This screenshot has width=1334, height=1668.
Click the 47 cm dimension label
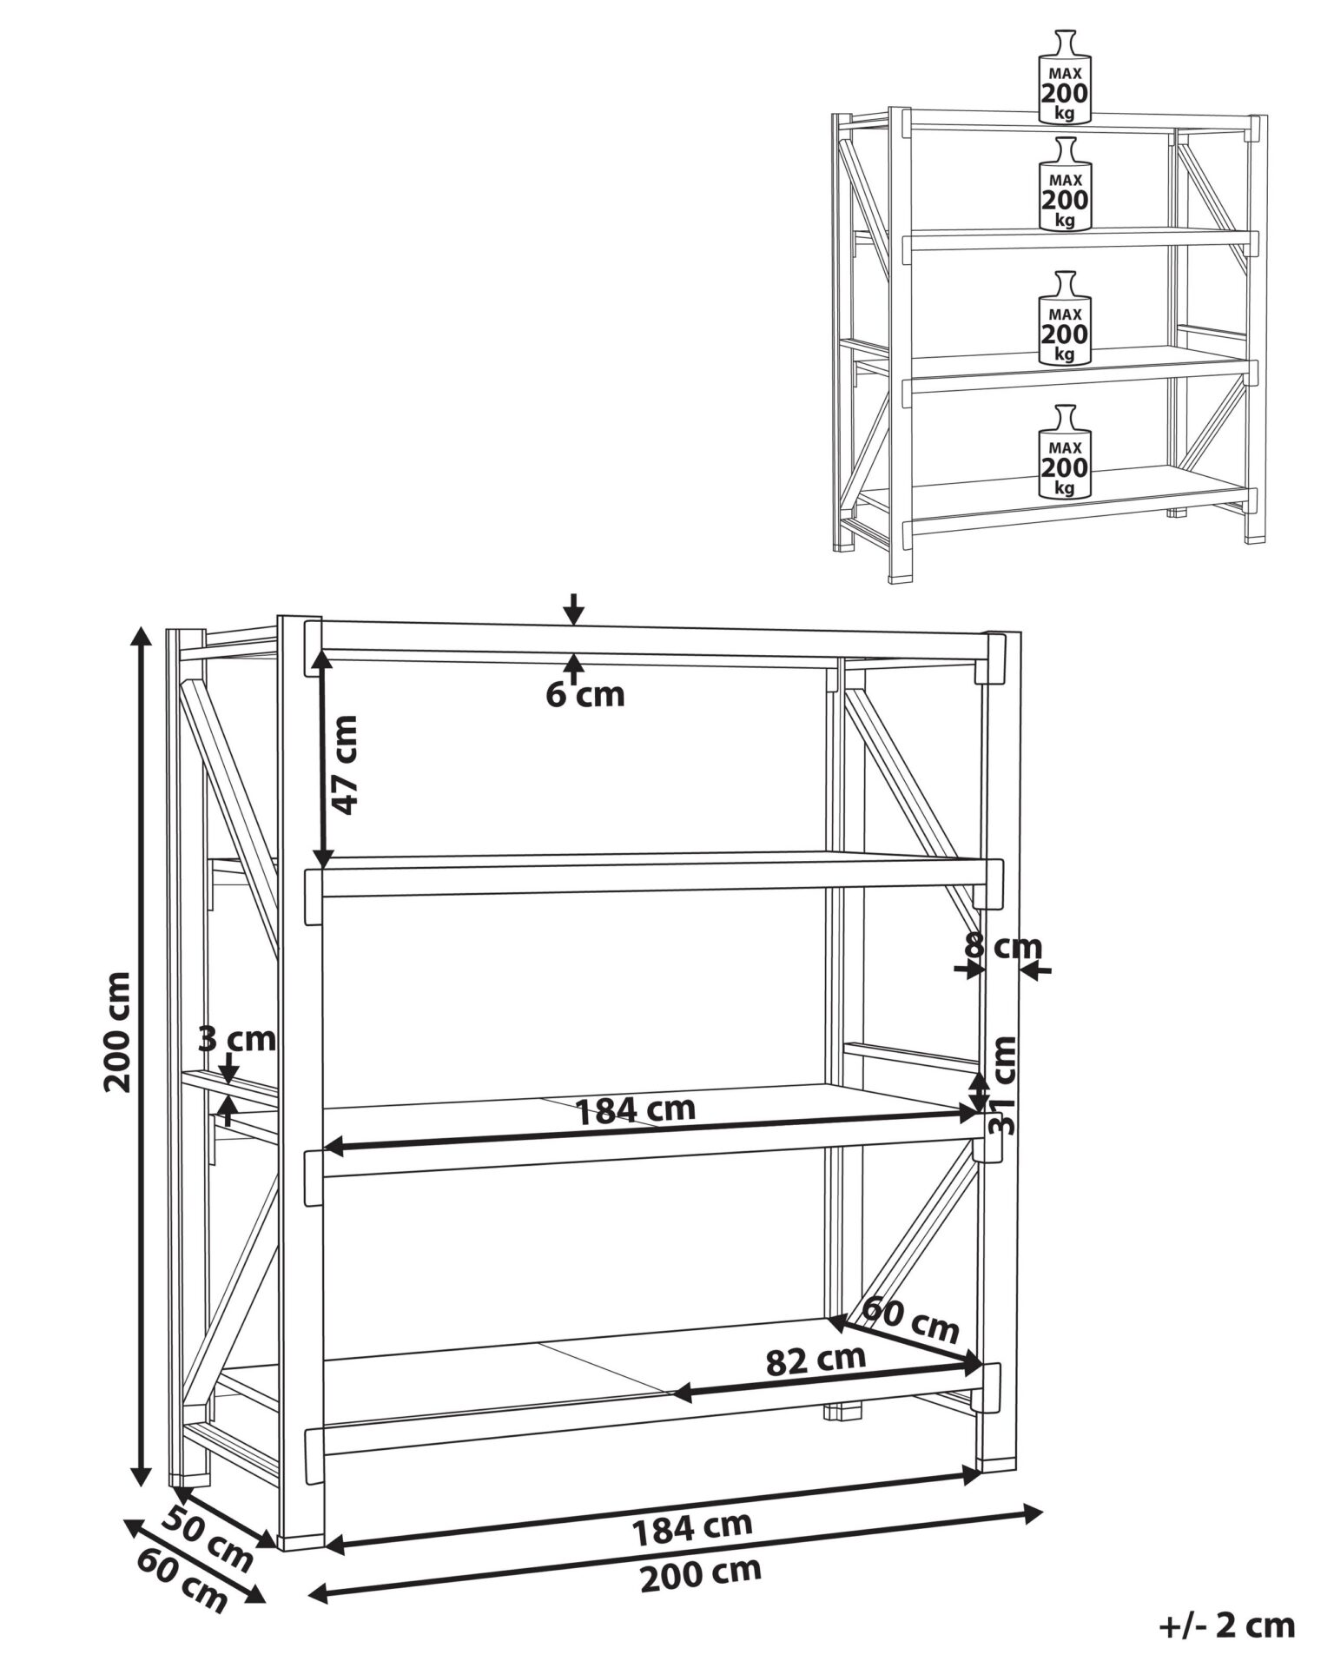coord(345,764)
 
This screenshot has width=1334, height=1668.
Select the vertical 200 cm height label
coord(116,1031)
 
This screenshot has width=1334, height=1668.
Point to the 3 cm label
coord(237,1038)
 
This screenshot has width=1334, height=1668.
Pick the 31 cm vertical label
coord(1003,1085)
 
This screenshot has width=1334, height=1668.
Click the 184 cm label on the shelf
coord(636,1109)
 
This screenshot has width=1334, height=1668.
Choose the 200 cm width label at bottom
coord(700,1574)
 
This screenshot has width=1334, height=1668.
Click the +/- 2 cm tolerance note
coord(1226,1625)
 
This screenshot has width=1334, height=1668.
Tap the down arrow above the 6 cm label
coord(573,609)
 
